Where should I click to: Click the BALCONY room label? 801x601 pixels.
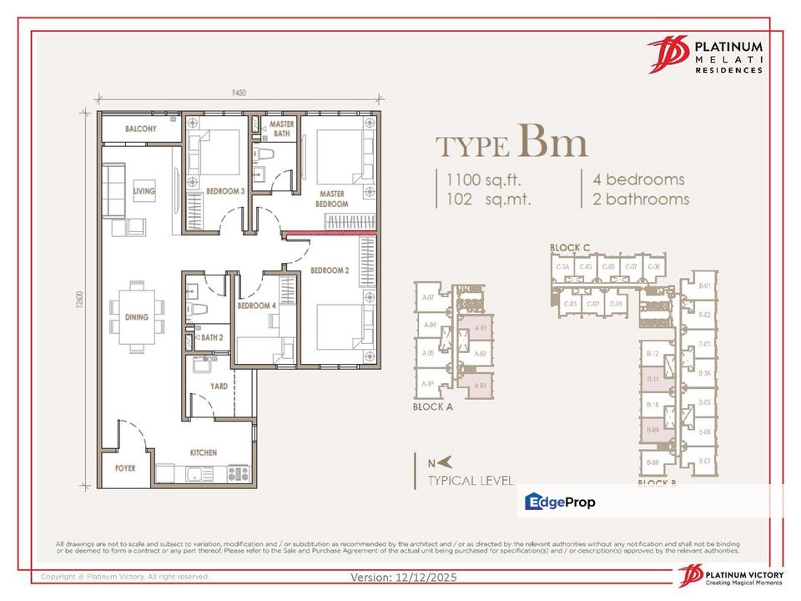141,129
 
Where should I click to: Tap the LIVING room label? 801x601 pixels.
144,191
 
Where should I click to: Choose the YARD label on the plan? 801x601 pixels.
219,386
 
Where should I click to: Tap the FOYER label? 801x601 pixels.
125,468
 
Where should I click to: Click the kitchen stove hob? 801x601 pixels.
239,473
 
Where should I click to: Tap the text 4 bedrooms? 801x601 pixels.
638,179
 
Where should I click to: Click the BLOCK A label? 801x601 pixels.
433,407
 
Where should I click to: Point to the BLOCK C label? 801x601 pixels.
570,248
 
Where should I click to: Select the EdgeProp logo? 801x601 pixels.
560,502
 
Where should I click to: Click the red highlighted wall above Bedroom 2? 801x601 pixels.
330,234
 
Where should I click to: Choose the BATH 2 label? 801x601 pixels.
211,338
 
